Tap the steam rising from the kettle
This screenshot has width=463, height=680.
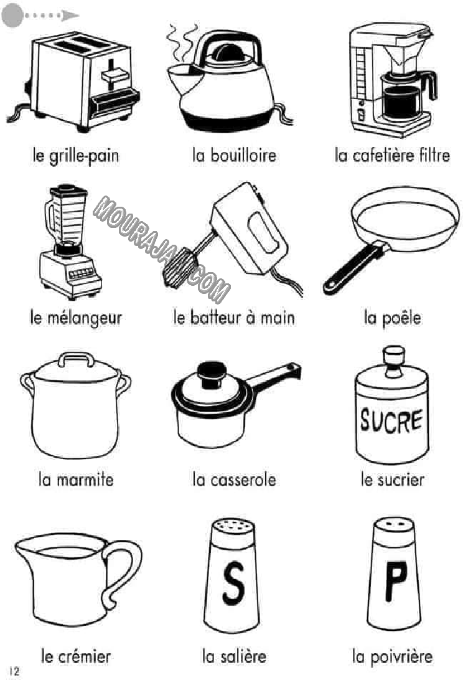182,42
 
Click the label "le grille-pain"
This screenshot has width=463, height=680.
76,156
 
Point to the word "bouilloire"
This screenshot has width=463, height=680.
243,155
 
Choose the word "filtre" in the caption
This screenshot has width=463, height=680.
434,155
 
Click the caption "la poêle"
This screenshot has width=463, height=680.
392,318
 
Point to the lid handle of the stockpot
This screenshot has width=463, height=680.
77,359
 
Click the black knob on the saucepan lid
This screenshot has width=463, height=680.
212,374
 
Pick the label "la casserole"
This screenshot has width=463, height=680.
234,479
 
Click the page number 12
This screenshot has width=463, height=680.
14,671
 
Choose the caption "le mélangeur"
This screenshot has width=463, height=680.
76,318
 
